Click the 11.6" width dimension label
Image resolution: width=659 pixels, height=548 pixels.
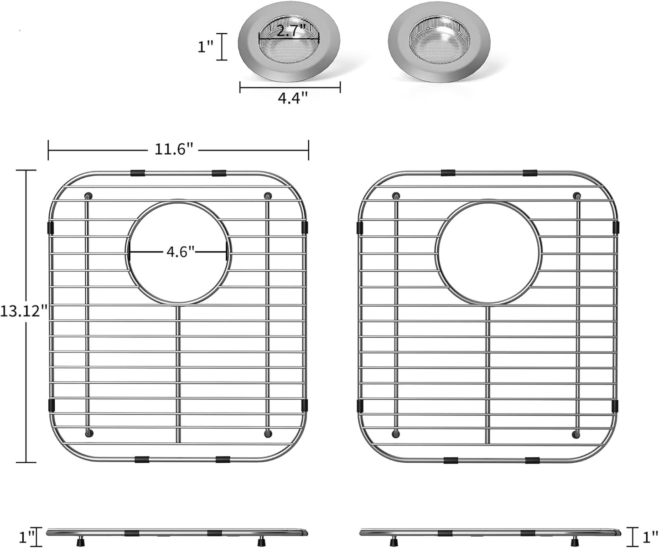[174, 149]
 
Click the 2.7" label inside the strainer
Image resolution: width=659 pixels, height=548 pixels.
[288, 31]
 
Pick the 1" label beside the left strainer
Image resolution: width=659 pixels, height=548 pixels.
[206, 47]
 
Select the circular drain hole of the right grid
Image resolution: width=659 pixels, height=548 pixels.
[488, 253]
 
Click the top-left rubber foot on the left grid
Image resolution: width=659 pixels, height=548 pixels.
[88, 196]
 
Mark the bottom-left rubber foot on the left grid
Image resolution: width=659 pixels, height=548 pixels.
[88, 433]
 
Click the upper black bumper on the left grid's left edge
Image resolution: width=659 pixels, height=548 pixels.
[51, 227]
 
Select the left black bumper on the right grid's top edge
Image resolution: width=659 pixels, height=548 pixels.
[447, 173]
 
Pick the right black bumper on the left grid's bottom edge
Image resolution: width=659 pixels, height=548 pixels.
[223, 459]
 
